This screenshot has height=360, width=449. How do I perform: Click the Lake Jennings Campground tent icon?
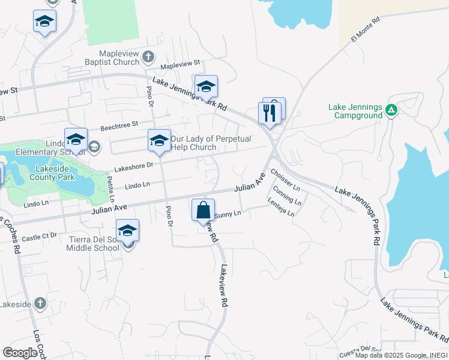point(391,110)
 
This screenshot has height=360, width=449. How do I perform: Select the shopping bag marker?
point(203,210)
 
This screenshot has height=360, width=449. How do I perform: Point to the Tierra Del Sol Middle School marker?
point(127,231)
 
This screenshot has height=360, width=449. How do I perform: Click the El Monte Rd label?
point(366,30)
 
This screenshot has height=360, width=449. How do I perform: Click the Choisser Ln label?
point(285,181)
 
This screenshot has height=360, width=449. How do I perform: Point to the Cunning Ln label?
point(286,196)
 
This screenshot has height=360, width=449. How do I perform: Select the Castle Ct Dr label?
point(40,235)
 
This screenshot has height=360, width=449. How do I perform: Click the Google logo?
point(20,353)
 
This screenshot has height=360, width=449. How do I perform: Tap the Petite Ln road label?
point(110,186)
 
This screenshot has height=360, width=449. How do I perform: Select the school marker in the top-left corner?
point(45,22)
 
